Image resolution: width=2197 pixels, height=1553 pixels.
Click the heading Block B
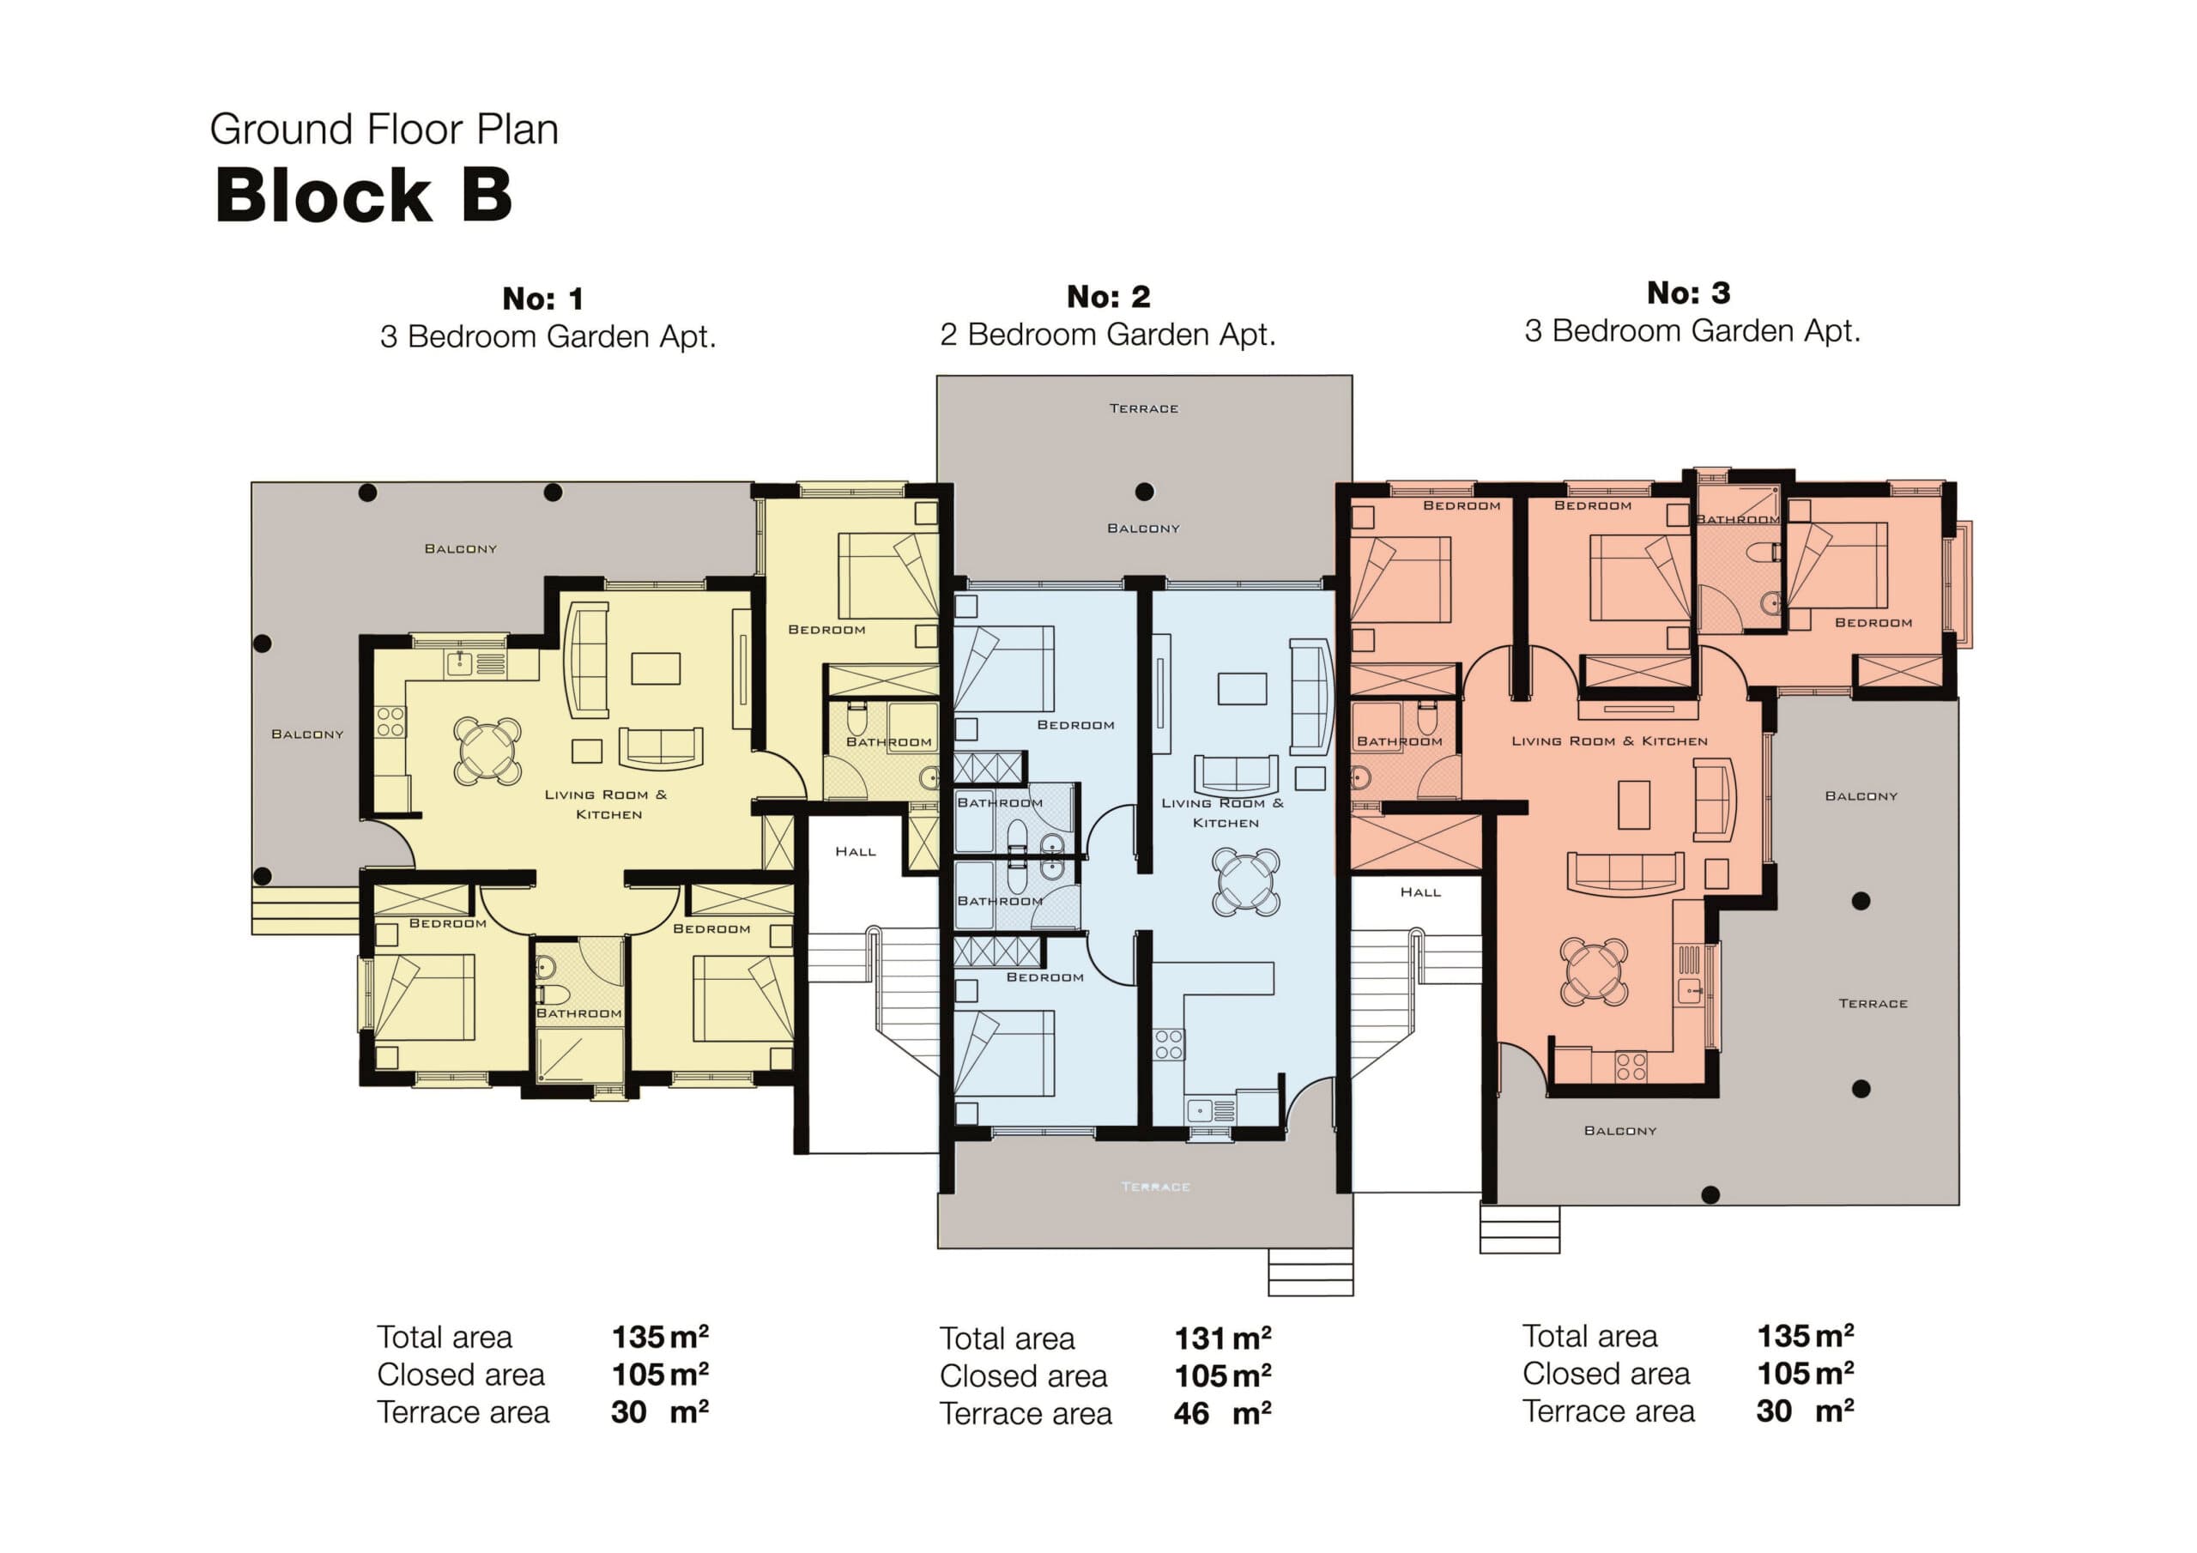[363, 196]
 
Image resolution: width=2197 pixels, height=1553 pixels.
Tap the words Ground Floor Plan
[384, 130]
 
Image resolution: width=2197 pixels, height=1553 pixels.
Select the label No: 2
[1108, 297]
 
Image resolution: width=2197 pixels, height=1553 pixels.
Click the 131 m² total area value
[1222, 1338]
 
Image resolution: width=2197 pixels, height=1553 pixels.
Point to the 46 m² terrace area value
[1222, 1413]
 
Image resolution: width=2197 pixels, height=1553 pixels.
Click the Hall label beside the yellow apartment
[855, 852]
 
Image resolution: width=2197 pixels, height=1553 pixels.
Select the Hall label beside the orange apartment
[1420, 891]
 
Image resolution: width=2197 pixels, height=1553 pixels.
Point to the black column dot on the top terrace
[1145, 492]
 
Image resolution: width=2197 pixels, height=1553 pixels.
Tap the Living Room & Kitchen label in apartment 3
[1609, 740]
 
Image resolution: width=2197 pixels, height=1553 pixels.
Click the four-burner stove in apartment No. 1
[390, 722]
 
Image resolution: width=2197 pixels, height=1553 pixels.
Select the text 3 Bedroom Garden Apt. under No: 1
[548, 337]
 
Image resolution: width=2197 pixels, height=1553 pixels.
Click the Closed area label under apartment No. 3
[1606, 1373]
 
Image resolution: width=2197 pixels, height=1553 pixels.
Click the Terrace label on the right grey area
[1873, 1003]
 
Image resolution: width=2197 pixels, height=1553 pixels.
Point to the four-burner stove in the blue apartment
[1168, 1044]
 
